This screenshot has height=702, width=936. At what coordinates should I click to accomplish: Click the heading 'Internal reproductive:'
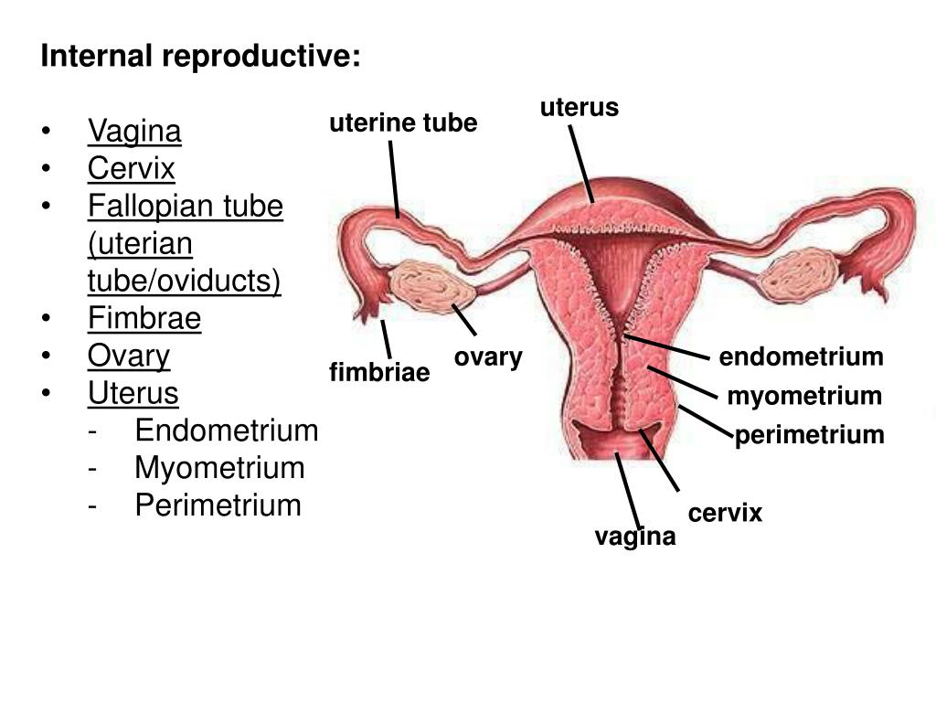[x=200, y=57]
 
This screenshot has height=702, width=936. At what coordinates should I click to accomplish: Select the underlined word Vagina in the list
[x=134, y=132]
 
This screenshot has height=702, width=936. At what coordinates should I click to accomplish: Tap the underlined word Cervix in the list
[x=131, y=169]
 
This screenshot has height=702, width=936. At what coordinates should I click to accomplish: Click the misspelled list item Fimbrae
[x=144, y=318]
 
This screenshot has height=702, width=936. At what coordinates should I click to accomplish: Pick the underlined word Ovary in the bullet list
[x=129, y=356]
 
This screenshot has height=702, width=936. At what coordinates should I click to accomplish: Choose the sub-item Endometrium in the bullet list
[x=226, y=430]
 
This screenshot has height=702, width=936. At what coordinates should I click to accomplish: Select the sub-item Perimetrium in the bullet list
[x=218, y=505]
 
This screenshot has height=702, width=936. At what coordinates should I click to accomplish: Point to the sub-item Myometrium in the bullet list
[x=219, y=467]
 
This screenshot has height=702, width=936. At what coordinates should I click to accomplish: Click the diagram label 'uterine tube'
[x=403, y=122]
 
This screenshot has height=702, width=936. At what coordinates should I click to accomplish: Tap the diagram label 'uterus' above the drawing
[x=579, y=108]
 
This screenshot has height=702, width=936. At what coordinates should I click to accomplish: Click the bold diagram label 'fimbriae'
[x=379, y=373]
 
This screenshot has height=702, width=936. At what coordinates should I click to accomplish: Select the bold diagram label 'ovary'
[x=488, y=356]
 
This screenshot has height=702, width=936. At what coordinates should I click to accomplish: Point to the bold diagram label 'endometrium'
[x=801, y=356]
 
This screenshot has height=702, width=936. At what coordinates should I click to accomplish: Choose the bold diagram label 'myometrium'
[x=804, y=396]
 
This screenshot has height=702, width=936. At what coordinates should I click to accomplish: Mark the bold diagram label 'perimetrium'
[x=810, y=435]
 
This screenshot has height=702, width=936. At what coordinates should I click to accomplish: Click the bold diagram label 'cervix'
[x=725, y=514]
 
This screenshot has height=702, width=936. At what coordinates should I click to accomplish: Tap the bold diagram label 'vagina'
[x=635, y=537]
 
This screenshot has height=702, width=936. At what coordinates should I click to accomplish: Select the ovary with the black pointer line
[x=432, y=286]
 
